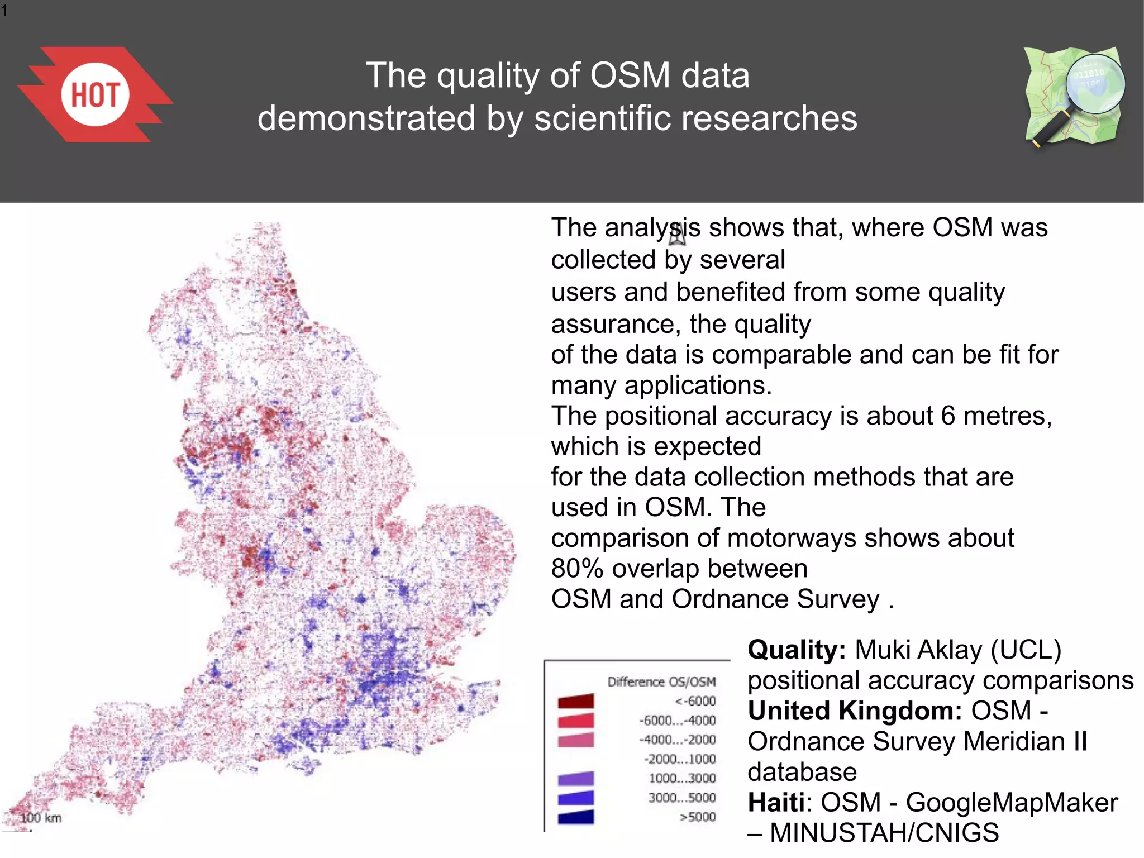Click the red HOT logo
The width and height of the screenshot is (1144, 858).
pos(95,94)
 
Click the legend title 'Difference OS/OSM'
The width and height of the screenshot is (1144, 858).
pos(661,681)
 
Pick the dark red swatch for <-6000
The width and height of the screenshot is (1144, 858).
pos(575,701)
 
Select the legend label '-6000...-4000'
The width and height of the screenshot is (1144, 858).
pos(678,721)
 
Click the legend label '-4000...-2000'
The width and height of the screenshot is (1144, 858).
pos(678,740)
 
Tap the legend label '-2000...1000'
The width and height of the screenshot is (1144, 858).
pos(680,759)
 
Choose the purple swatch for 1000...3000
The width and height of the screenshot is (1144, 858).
pos(575,778)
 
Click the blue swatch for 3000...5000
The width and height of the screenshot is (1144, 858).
pos(575,798)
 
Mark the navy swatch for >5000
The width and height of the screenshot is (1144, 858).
pos(575,817)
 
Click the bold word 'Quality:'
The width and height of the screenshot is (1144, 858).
pos(797,650)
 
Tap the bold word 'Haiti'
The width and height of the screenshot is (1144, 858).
pos(776,803)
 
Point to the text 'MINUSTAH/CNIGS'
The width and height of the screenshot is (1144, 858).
pos(884,833)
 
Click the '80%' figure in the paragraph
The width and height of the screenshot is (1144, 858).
pos(577,569)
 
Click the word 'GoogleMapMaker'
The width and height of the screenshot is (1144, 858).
pos(1012,803)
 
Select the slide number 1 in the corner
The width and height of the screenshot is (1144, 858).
pos(4,10)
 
